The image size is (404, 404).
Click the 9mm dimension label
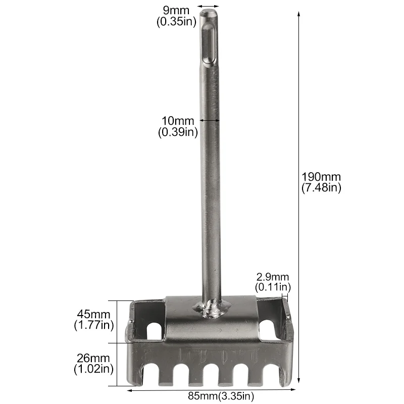tap(176, 10)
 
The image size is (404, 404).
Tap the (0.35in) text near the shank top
tap(176, 22)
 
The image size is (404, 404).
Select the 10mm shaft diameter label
tap(178, 121)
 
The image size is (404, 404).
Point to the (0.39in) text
tap(178, 132)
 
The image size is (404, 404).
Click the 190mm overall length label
tap(321, 177)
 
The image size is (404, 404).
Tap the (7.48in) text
tap(321, 187)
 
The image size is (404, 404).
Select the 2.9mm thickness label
tap(273, 277)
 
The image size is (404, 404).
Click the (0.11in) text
tap(273, 287)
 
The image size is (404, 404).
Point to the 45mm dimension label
tap(93, 314)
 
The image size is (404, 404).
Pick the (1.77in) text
tap(94, 325)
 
